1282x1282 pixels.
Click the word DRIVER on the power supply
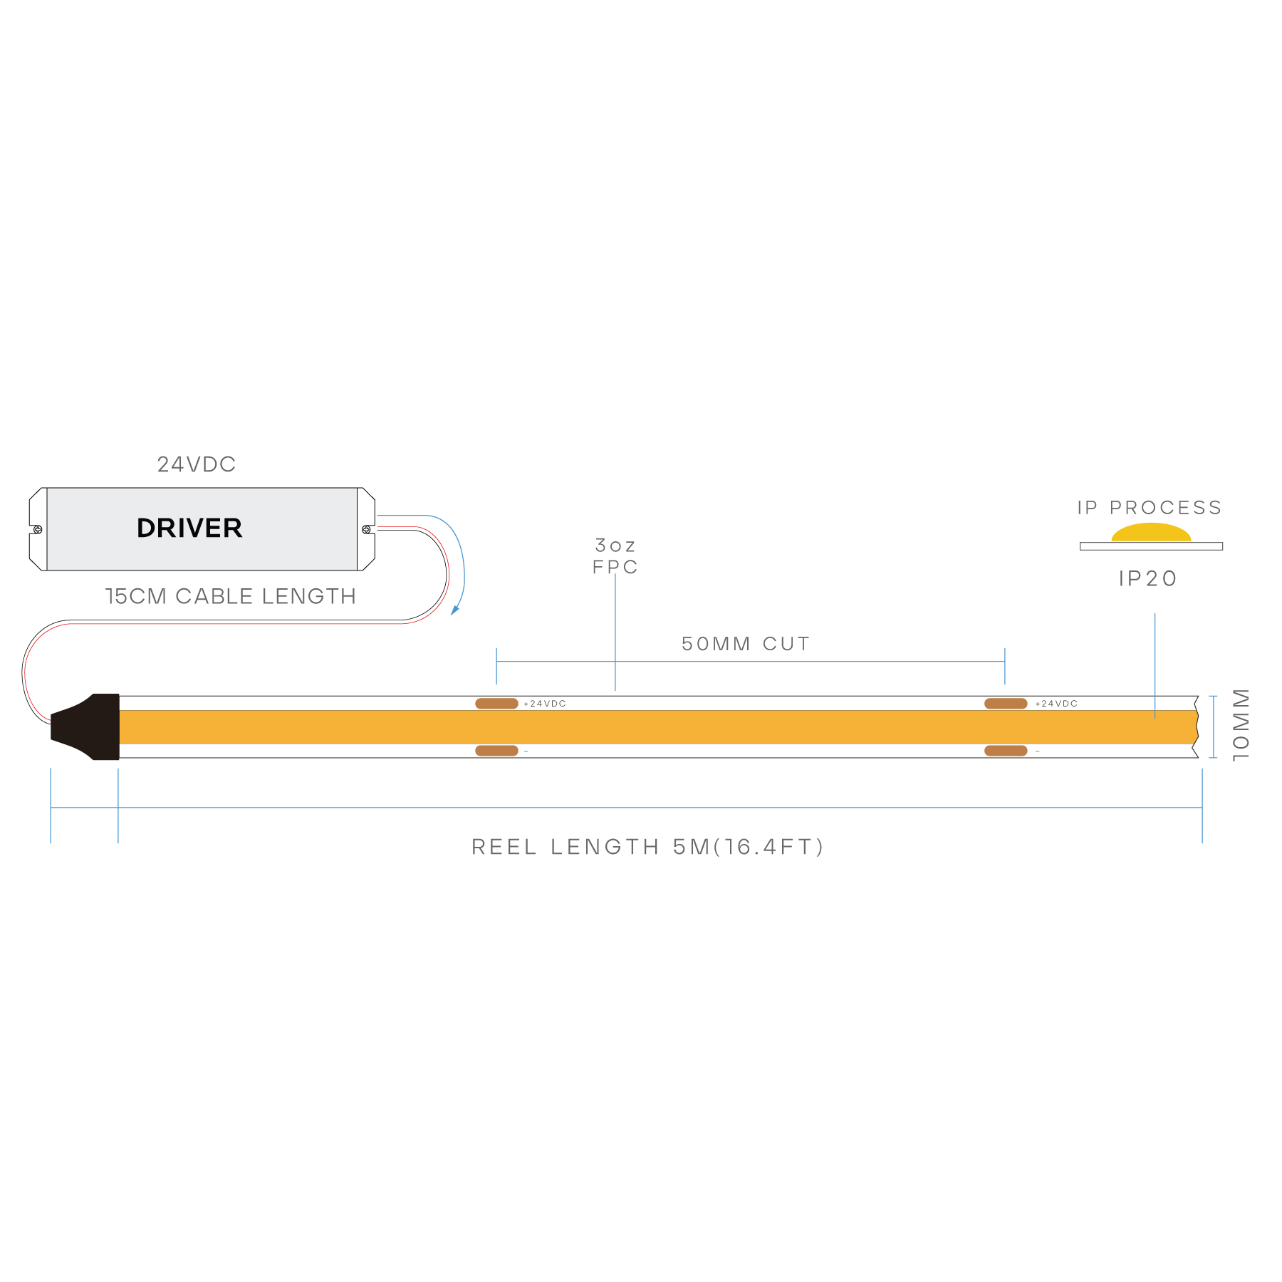pyautogui.click(x=189, y=528)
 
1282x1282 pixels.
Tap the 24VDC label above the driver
pyautogui.click(x=197, y=464)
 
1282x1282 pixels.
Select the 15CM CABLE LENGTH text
pyautogui.click(x=231, y=596)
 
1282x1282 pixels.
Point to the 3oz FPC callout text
pyautogui.click(x=615, y=556)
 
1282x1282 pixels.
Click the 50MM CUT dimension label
pyautogui.click(x=746, y=644)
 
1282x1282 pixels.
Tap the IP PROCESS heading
pyautogui.click(x=1150, y=508)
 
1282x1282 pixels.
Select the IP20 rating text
pyautogui.click(x=1148, y=578)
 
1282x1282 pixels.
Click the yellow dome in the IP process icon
pyautogui.click(x=1151, y=533)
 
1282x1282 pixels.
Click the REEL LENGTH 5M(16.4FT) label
pyautogui.click(x=647, y=847)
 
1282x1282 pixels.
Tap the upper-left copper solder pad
pyautogui.click(x=496, y=704)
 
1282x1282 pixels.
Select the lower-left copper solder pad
pyautogui.click(x=496, y=751)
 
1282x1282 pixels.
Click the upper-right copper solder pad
pyautogui.click(x=1006, y=704)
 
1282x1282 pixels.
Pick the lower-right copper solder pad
pyautogui.click(x=1006, y=751)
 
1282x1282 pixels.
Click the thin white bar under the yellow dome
pyautogui.click(x=1151, y=546)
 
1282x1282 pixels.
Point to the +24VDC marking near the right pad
pyautogui.click(x=1056, y=704)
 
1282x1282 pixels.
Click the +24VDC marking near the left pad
pyautogui.click(x=545, y=704)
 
